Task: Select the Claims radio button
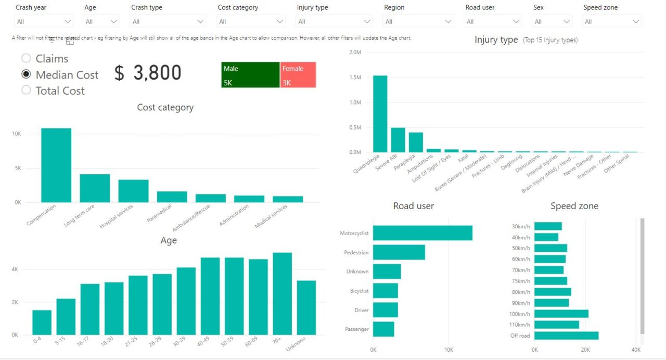click(x=26, y=59)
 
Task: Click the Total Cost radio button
click(x=26, y=91)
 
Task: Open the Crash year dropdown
click(x=44, y=21)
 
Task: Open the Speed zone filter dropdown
click(x=612, y=21)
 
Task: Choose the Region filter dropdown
click(x=418, y=21)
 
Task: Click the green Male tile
click(x=250, y=75)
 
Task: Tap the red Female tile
click(x=298, y=75)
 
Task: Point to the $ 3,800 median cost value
click(x=148, y=73)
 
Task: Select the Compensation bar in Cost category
click(x=56, y=165)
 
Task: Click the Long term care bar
click(x=95, y=188)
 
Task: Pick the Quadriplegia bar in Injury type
click(x=380, y=114)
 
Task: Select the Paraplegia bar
click(x=416, y=142)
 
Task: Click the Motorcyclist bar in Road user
click(x=422, y=233)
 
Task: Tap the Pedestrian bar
click(x=399, y=252)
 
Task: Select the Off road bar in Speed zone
click(x=566, y=336)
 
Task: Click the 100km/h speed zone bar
click(x=561, y=314)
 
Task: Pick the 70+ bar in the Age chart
click(x=282, y=294)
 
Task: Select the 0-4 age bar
click(x=42, y=323)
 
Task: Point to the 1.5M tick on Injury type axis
click(x=355, y=78)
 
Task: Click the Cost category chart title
click(x=165, y=108)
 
